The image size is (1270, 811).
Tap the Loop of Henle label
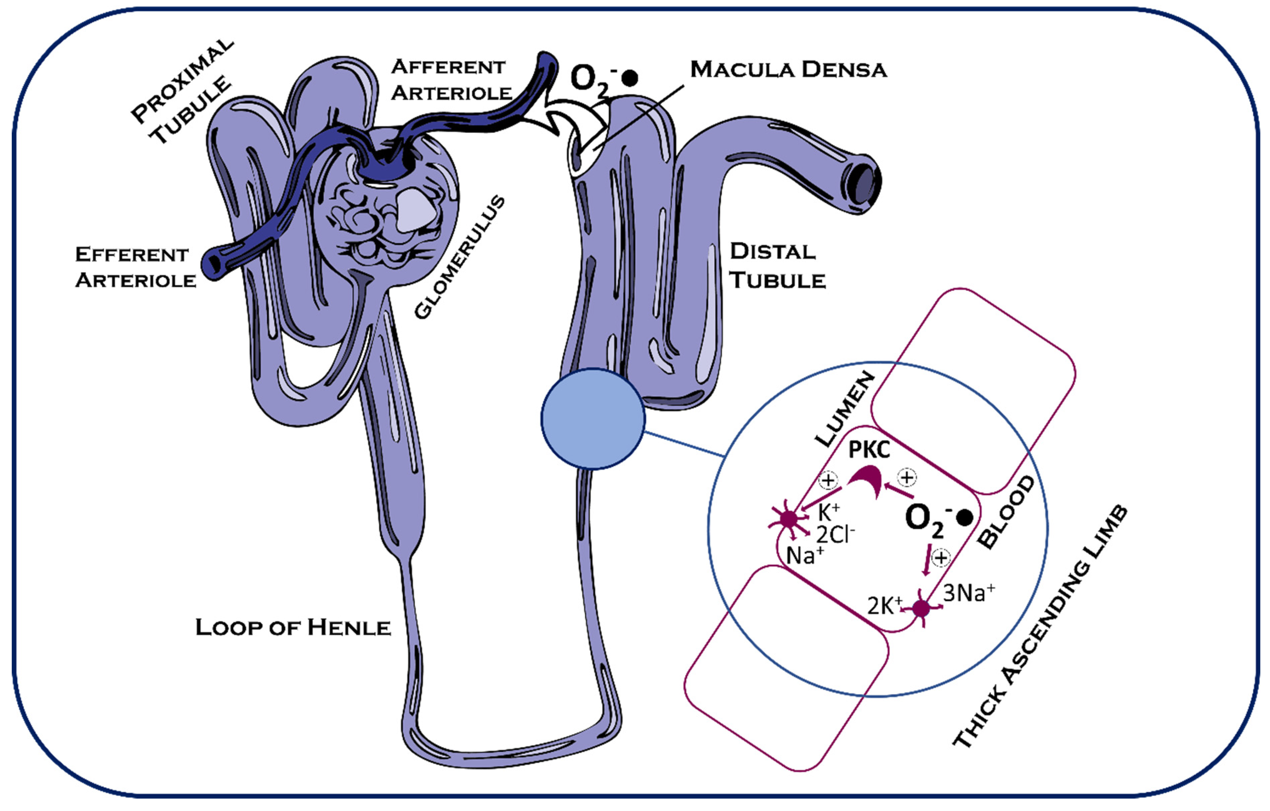(x=293, y=627)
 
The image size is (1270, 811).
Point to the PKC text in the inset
(x=869, y=450)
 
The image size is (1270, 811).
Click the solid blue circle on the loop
(x=593, y=419)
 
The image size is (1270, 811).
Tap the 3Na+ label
(x=968, y=593)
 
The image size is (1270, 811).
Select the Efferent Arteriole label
(x=135, y=267)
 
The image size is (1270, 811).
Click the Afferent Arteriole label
(x=451, y=80)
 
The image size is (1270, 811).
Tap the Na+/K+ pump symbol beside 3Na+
(x=921, y=609)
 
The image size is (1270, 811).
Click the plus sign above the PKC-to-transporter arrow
(x=828, y=480)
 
